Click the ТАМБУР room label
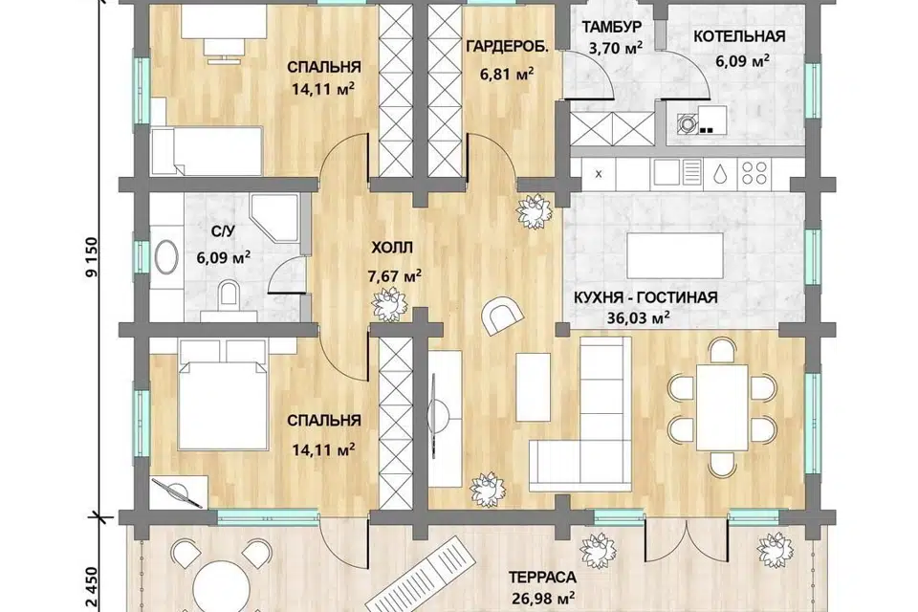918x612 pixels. pyautogui.click(x=612, y=28)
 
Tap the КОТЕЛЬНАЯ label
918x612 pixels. pyautogui.click(x=739, y=36)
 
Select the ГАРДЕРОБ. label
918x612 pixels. pyautogui.click(x=508, y=46)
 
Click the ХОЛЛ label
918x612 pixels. pyautogui.click(x=392, y=248)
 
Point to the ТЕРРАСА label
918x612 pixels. pyautogui.click(x=542, y=577)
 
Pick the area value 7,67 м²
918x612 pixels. pyautogui.click(x=395, y=275)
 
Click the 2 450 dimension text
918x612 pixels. pyautogui.click(x=92, y=589)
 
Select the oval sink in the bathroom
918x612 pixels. pyautogui.click(x=166, y=256)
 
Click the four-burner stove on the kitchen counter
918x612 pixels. pyautogui.click(x=754, y=172)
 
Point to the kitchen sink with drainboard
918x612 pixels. pyautogui.click(x=677, y=172)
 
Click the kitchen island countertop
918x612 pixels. pyautogui.click(x=675, y=256)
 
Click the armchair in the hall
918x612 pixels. pyautogui.click(x=502, y=315)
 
